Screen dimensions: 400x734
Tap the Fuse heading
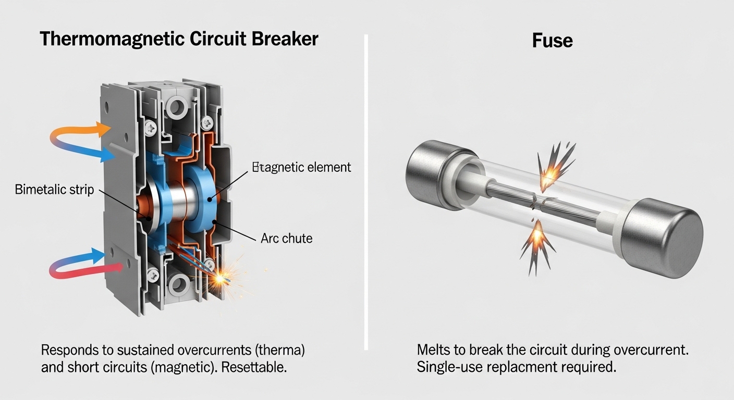pos(552,40)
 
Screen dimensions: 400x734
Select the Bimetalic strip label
pos(55,189)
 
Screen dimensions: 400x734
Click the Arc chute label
pos(286,239)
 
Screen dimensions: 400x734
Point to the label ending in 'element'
pos(301,167)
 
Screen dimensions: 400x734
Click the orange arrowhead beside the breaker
pos(102,129)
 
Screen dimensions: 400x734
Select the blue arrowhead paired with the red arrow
pos(97,254)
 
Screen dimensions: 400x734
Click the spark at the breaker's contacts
pos(221,278)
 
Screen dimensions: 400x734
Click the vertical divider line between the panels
pos(366,193)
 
